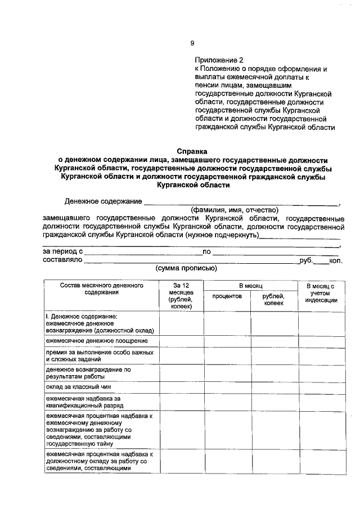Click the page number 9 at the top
click(x=192, y=43)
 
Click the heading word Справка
click(x=192, y=151)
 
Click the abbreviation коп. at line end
click(x=335, y=260)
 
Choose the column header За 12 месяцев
click(x=181, y=296)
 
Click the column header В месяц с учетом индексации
click(x=321, y=293)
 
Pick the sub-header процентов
click(x=227, y=296)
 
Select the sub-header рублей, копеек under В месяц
click(x=274, y=299)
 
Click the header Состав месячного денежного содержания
click(x=102, y=289)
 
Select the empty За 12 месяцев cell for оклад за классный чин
click(x=181, y=387)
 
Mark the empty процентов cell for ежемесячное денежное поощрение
click(x=227, y=341)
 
